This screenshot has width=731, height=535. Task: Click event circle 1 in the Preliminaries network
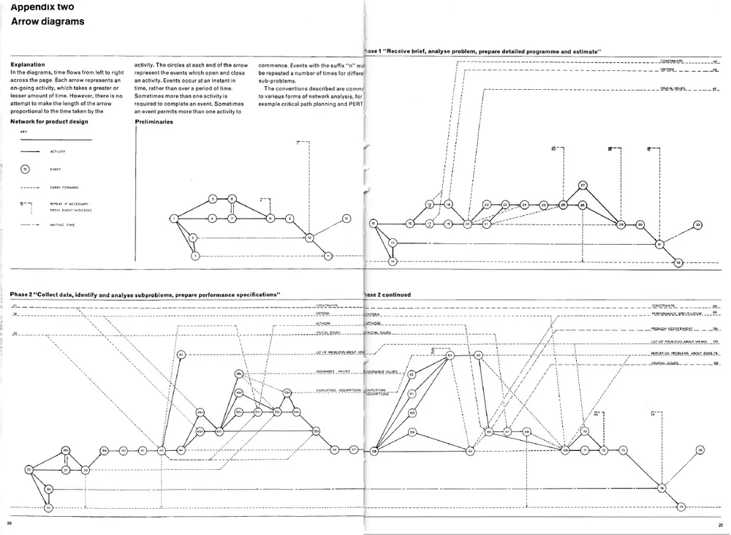pyautogui.click(x=175, y=218)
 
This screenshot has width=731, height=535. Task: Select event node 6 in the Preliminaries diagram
pyautogui.click(x=231, y=199)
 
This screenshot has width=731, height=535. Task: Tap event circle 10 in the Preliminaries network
pyautogui.click(x=309, y=238)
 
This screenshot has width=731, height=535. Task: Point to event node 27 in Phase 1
pyautogui.click(x=583, y=186)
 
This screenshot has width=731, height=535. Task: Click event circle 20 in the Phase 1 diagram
pyautogui.click(x=468, y=224)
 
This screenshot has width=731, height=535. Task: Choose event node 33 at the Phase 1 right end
pyautogui.click(x=697, y=224)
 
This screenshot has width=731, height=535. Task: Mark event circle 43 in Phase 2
pyautogui.click(x=181, y=355)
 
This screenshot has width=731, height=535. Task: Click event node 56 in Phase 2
pyautogui.click(x=334, y=450)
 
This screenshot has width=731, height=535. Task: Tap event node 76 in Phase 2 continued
pyautogui.click(x=700, y=450)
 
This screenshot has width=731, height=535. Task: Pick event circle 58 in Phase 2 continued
pyautogui.click(x=374, y=451)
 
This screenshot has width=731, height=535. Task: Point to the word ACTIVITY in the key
pyautogui.click(x=58, y=152)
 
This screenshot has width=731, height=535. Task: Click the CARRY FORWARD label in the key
pyautogui.click(x=64, y=187)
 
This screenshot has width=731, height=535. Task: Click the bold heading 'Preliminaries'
pyautogui.click(x=154, y=122)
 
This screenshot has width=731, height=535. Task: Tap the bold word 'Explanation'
pyautogui.click(x=28, y=64)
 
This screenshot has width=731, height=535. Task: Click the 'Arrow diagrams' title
pyautogui.click(x=47, y=21)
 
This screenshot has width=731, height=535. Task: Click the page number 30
pyautogui.click(x=10, y=523)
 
